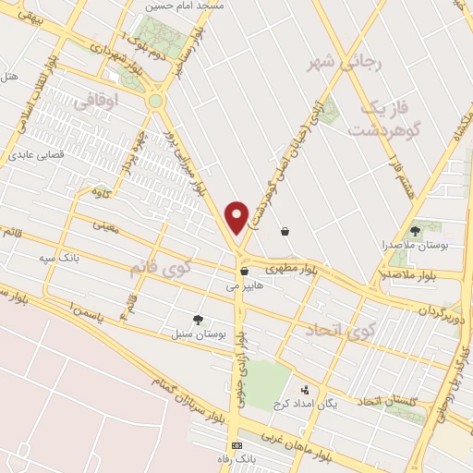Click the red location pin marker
237,216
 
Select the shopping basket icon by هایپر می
244,272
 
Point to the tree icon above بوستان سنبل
198,318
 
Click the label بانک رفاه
237,459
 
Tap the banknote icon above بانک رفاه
237,445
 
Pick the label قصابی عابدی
36,155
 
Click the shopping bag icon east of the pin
285,231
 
